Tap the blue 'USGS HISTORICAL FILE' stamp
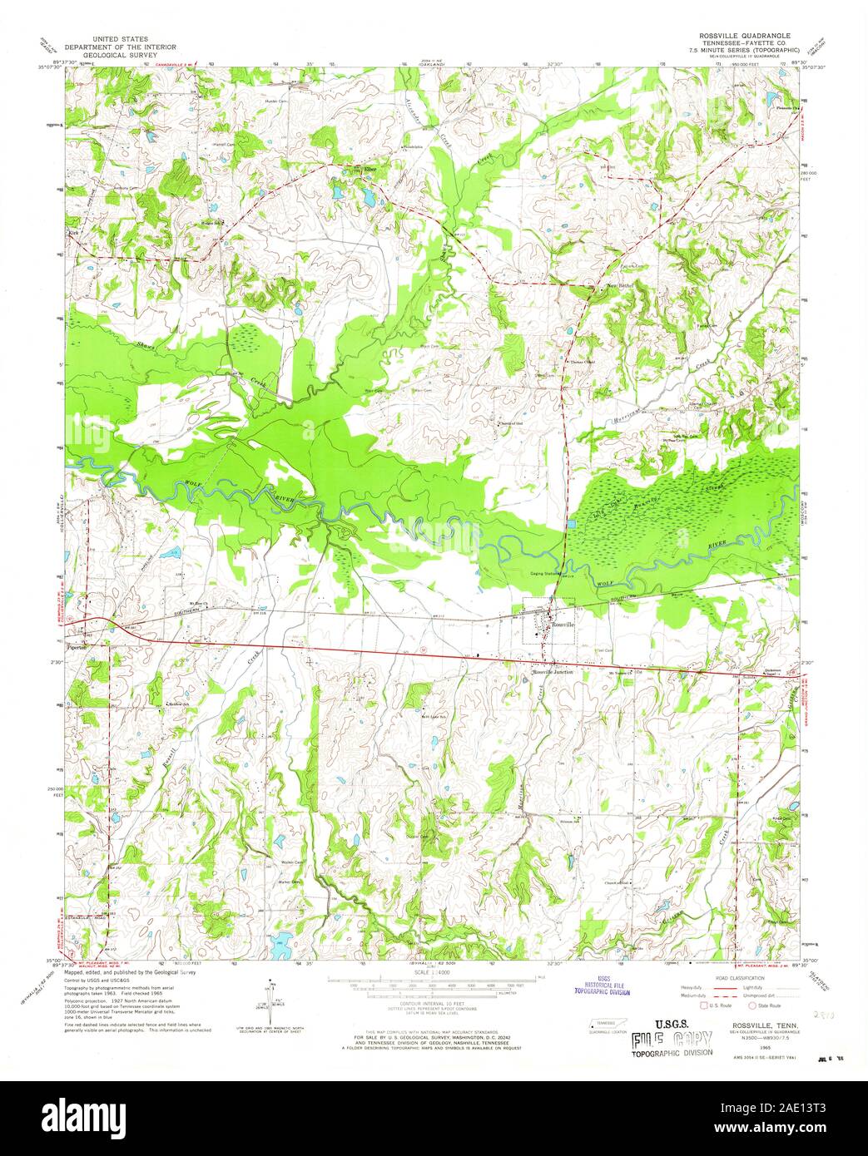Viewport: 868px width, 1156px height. [601, 986]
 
